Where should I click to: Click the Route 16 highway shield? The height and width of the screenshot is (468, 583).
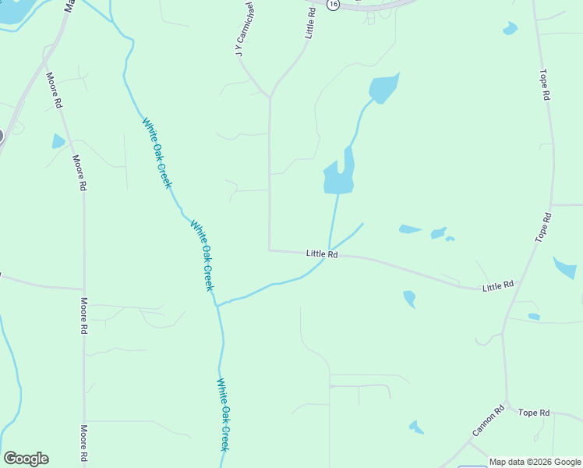point(334,4)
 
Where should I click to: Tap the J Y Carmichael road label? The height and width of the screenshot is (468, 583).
point(244,28)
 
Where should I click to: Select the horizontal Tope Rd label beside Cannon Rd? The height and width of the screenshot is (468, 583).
point(534,413)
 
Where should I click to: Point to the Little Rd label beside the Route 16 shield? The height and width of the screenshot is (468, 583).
point(312,23)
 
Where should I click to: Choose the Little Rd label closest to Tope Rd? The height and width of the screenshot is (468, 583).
point(498,286)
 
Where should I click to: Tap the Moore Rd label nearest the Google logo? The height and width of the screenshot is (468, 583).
point(84,443)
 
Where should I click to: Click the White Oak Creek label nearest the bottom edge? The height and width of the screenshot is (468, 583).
point(223,414)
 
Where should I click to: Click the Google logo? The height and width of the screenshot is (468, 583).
point(26,459)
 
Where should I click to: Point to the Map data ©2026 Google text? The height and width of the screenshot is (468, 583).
point(535,462)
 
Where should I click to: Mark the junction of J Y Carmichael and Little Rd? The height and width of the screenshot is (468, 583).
point(270,97)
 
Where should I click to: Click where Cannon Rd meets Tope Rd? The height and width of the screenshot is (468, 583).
point(507,403)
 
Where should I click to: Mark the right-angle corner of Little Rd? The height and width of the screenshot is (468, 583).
point(270,250)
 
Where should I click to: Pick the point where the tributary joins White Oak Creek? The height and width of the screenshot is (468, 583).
point(217,305)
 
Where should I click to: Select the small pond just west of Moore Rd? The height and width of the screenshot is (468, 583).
point(58,141)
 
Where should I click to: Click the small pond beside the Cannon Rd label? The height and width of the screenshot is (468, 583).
point(417,427)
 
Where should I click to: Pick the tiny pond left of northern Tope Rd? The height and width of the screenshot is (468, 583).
point(510,29)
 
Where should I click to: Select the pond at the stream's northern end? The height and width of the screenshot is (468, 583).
point(383,89)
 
